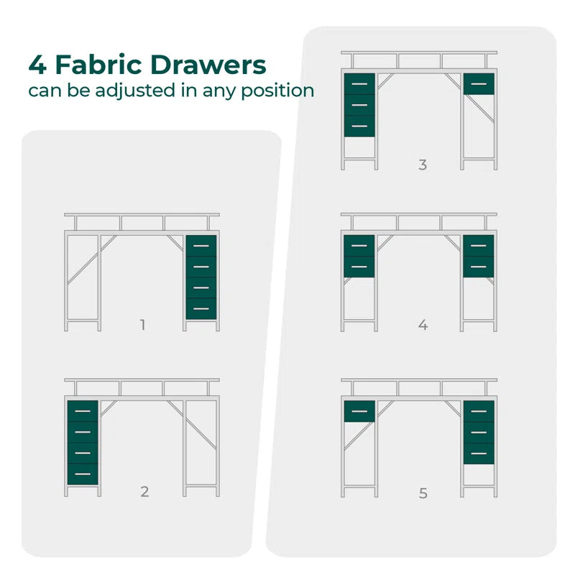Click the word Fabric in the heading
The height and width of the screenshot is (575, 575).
click(x=98, y=65)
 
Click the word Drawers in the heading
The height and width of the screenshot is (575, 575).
click(x=208, y=65)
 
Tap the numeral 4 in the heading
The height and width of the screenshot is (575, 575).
click(x=37, y=65)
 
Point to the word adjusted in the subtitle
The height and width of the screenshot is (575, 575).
click(x=135, y=91)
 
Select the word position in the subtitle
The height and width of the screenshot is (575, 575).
click(x=277, y=91)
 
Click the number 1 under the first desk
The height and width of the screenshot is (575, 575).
click(x=142, y=325)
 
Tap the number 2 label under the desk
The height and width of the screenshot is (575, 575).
click(x=144, y=492)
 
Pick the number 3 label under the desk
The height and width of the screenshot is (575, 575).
click(x=423, y=165)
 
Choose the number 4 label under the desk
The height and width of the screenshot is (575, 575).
click(x=423, y=325)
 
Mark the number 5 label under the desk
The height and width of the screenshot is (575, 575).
click(x=423, y=493)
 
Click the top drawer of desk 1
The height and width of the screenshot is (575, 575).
click(x=201, y=246)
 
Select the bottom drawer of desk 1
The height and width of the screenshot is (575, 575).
click(x=201, y=309)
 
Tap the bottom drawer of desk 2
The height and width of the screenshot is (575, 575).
click(x=83, y=474)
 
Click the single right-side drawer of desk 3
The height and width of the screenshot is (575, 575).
click(x=479, y=84)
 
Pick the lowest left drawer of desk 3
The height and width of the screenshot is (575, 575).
click(x=359, y=126)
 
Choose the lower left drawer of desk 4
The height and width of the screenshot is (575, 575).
click(x=359, y=267)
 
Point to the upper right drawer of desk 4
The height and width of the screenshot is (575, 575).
click(x=478, y=246)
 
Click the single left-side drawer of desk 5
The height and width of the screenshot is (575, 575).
click(x=359, y=411)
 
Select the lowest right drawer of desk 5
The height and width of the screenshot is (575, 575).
click(x=479, y=454)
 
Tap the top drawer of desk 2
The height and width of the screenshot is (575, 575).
click(x=83, y=411)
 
